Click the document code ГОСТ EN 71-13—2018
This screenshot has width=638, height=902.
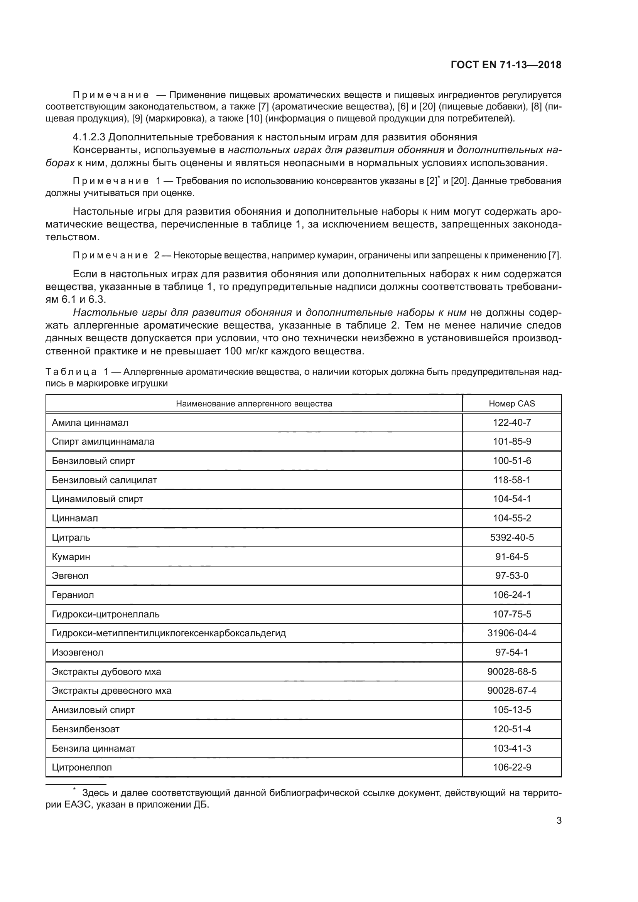(x=506, y=65)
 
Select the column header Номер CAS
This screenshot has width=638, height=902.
(x=511, y=403)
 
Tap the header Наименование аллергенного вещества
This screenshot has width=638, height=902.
(x=254, y=403)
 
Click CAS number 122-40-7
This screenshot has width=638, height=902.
(x=511, y=423)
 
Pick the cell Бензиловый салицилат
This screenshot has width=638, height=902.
(x=104, y=480)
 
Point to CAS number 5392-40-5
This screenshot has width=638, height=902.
(x=511, y=538)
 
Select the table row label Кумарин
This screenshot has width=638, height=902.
(x=71, y=557)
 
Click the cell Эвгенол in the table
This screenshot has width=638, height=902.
(x=70, y=576)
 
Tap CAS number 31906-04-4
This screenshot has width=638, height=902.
(x=511, y=633)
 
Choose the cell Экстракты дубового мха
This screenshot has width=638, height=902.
(x=106, y=672)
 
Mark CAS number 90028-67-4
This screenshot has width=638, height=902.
(x=511, y=691)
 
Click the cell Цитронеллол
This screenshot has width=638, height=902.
(x=82, y=767)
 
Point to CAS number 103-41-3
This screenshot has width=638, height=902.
(x=511, y=749)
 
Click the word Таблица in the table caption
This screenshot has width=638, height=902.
(x=71, y=372)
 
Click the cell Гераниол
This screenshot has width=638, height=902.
(x=73, y=595)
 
